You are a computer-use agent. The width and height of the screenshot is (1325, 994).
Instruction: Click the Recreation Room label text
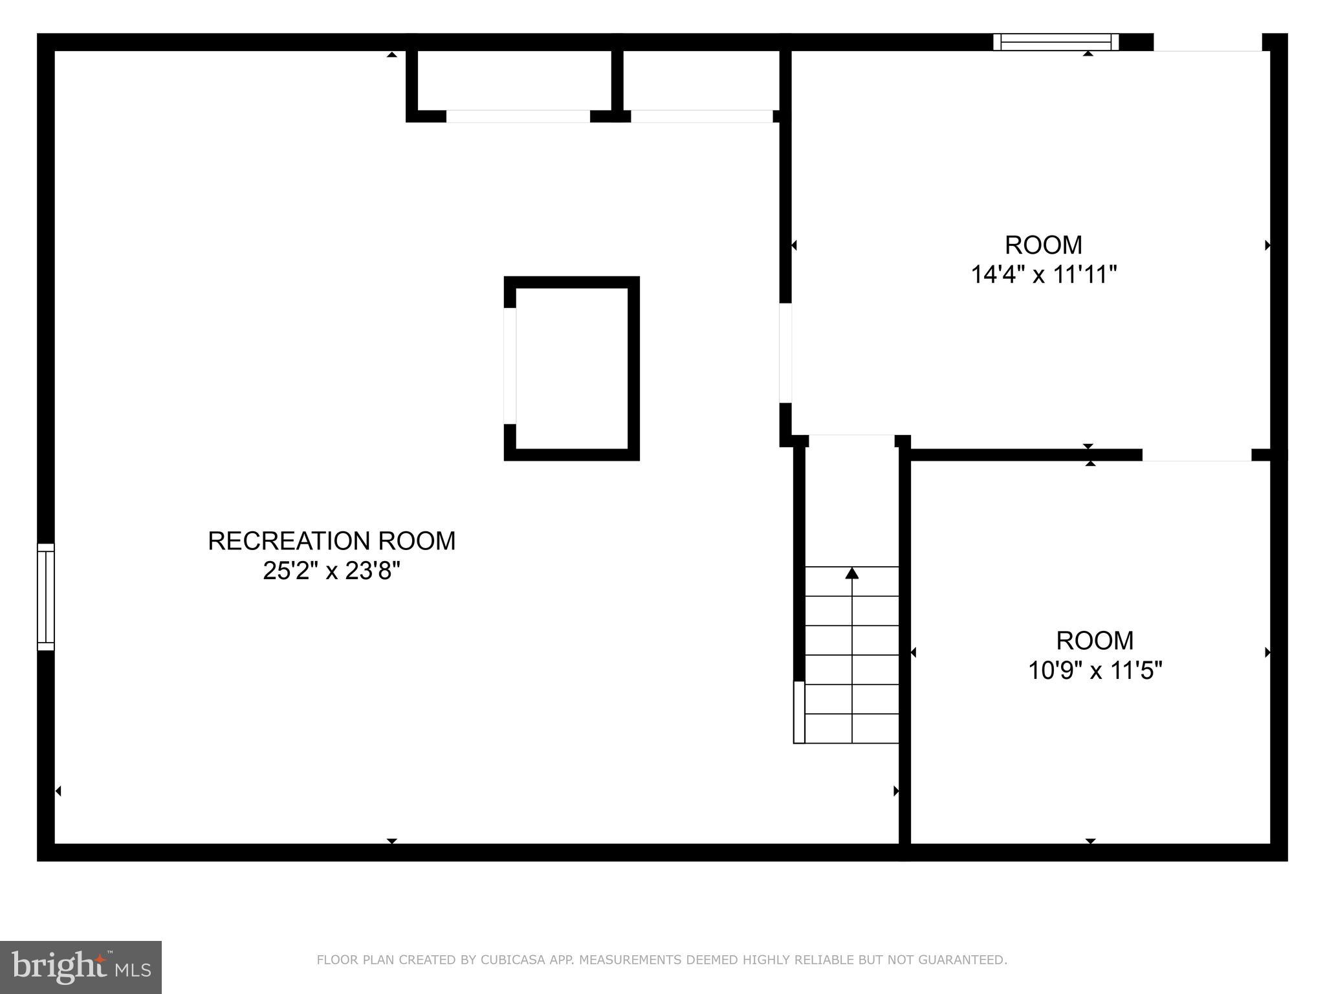tap(331, 541)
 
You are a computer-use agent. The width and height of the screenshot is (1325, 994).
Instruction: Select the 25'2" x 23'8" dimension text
tap(331, 571)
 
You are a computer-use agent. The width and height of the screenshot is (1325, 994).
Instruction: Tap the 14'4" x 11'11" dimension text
tap(1044, 275)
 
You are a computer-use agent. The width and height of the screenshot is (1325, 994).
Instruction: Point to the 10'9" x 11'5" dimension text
tap(1095, 670)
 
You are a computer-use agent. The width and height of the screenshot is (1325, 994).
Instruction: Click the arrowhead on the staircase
tap(852, 573)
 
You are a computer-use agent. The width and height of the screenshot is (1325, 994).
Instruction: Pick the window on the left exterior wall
tap(46, 597)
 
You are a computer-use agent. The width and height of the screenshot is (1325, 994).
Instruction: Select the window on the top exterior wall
tap(1056, 42)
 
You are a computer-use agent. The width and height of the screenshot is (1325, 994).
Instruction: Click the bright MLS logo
tap(81, 967)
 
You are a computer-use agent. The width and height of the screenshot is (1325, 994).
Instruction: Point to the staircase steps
tap(852, 655)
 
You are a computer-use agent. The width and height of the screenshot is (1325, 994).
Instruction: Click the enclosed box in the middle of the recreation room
tap(572, 368)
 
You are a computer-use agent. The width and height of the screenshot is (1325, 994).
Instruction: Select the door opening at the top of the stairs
tap(851, 441)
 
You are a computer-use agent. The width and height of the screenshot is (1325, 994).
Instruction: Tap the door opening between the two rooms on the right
tap(1196, 455)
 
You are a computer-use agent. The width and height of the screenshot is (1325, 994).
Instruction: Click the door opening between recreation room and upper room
tap(785, 353)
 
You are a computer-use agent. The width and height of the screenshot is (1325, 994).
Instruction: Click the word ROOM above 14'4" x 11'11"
tap(1044, 245)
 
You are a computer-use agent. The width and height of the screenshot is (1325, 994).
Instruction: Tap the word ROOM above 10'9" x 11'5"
tap(1095, 641)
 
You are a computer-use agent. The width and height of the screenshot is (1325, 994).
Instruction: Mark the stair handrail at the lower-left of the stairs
tap(799, 712)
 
